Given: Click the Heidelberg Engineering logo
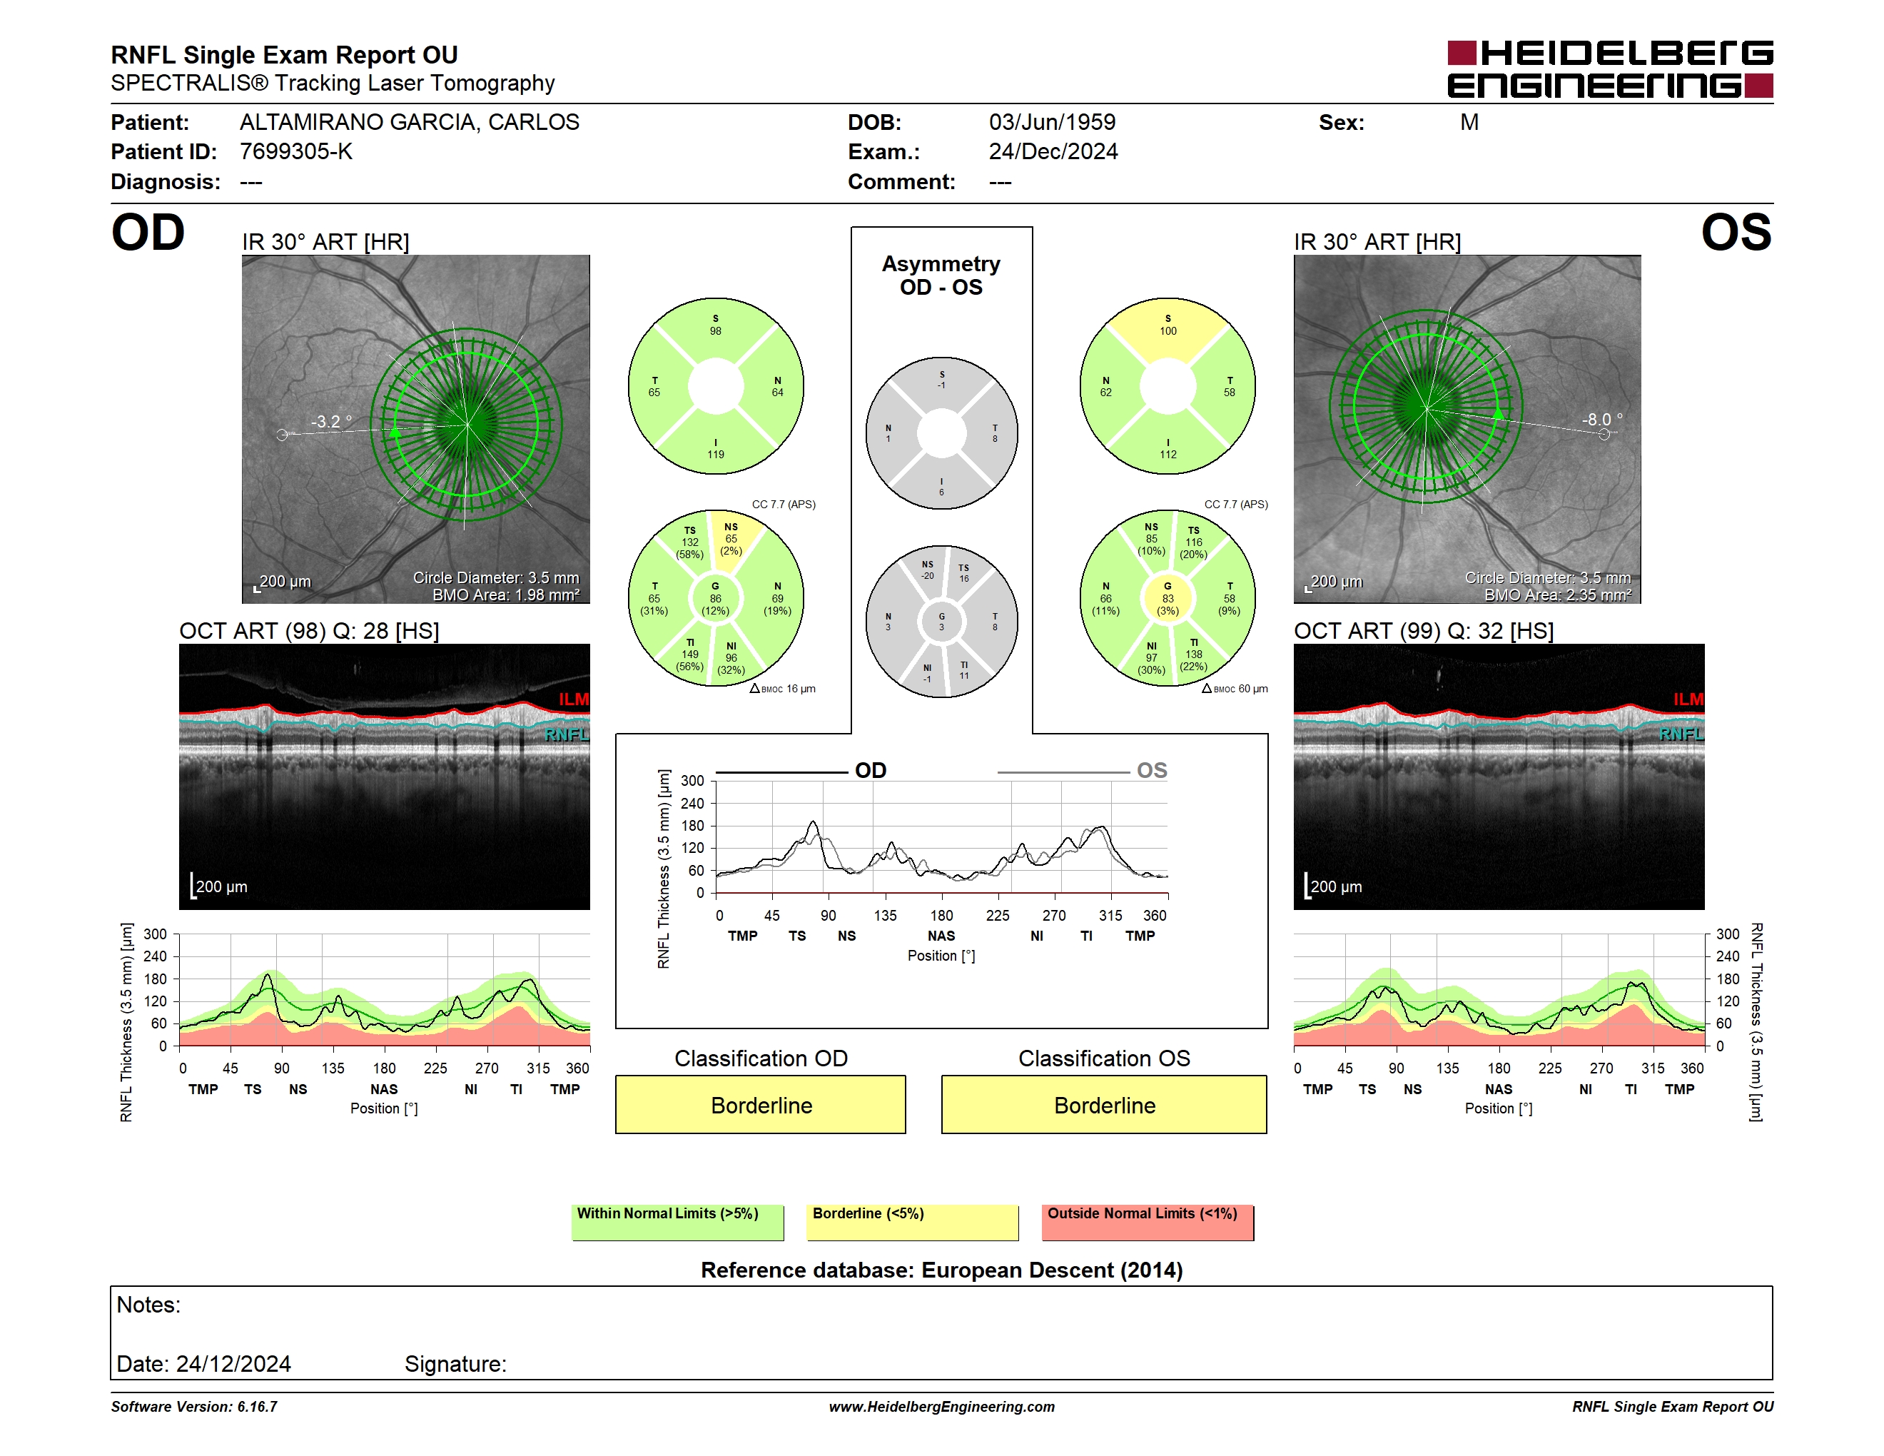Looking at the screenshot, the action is (1610, 69).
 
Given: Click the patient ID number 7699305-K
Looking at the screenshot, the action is (296, 152).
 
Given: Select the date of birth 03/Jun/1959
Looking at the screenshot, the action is (1052, 123).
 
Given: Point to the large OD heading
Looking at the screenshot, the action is (148, 233).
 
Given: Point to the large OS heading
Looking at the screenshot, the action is (1736, 233).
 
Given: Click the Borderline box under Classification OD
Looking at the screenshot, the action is (760, 1104).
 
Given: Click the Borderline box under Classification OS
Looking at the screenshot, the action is (1103, 1104).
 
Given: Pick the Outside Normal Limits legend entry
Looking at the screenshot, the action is (1148, 1222).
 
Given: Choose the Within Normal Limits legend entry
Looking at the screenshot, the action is (677, 1222).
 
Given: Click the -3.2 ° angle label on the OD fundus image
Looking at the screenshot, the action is (331, 422).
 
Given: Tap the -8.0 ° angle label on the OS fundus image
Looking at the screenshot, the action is (1602, 419).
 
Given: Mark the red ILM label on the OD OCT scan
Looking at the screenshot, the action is (573, 699).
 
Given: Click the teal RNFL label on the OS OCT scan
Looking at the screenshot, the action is (1681, 734).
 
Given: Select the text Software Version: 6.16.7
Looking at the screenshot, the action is (194, 1407).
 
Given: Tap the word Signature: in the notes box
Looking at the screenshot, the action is (455, 1364).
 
